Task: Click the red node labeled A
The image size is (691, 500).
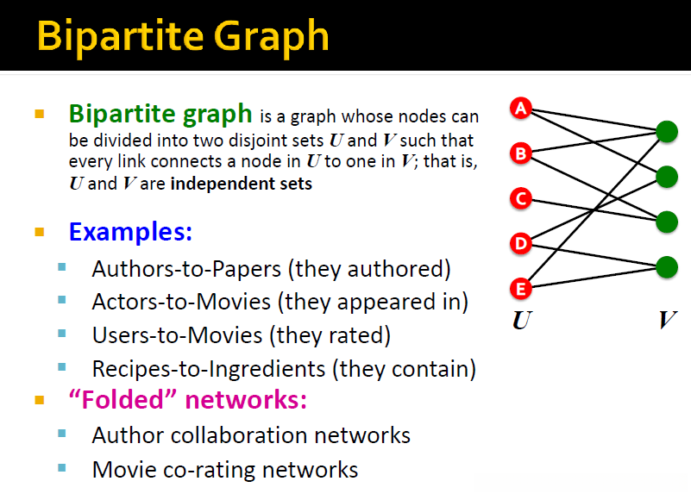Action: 521,108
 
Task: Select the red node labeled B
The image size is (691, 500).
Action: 521,153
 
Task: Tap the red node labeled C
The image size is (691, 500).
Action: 521,198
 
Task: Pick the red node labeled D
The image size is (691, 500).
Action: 521,244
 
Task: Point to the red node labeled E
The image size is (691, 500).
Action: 521,289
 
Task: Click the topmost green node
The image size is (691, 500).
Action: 667,132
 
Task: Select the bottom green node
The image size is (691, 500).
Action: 667,267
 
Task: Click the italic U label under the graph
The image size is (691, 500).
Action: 523,321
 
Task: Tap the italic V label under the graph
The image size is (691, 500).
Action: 668,321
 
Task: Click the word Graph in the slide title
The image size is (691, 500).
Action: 272,37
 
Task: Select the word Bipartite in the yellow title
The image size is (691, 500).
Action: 120,36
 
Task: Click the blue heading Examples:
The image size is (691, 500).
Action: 130,231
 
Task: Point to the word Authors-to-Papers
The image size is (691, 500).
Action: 186,269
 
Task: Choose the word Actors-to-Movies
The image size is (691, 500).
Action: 181,302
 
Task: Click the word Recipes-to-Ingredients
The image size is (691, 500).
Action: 209,369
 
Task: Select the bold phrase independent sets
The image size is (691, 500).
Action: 241,184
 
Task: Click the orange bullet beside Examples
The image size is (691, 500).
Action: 39,232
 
